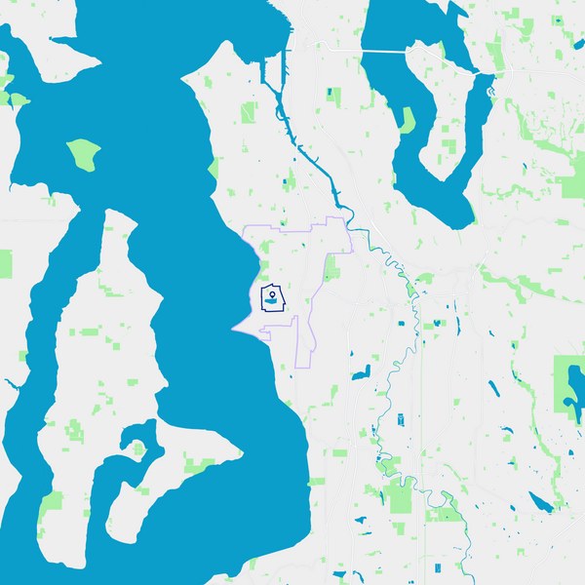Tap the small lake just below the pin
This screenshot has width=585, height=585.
click(x=269, y=304)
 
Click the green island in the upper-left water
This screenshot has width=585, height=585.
click(x=83, y=153)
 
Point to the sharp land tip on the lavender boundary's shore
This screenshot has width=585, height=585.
click(x=233, y=329)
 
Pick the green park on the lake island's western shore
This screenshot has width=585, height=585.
click(x=407, y=120)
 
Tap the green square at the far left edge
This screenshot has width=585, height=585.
click(x=5, y=263)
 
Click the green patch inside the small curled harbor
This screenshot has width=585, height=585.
click(x=138, y=449)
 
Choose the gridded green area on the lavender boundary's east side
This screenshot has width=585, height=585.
click(x=332, y=268)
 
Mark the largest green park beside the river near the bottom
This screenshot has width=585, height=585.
click(x=400, y=495)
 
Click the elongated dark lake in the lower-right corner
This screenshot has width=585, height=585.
click(x=539, y=501)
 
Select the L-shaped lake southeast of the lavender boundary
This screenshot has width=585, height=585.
click(x=363, y=371)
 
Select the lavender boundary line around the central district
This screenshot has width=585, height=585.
click(x=294, y=230)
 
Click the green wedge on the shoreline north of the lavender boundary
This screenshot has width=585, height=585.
click(x=213, y=170)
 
